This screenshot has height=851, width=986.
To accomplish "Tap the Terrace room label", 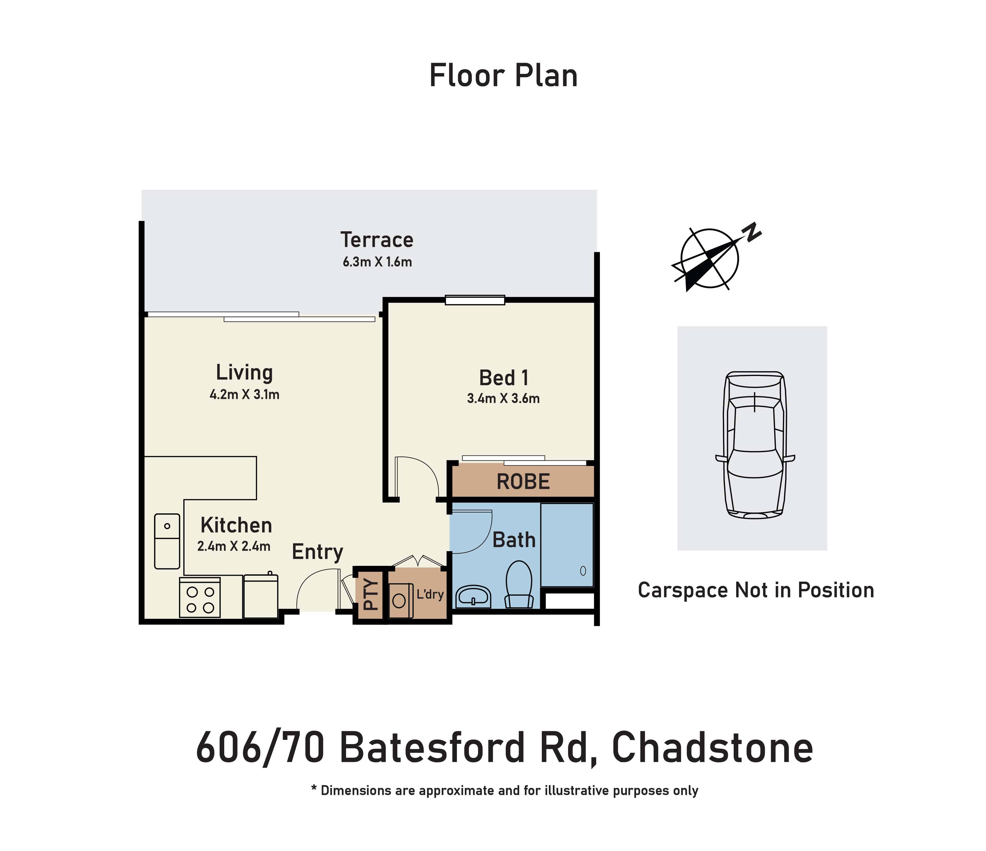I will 377,240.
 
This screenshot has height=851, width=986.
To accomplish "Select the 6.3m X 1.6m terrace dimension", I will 377,262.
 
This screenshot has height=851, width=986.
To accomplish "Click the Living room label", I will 244,372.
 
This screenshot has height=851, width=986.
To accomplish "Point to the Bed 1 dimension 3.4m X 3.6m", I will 503,398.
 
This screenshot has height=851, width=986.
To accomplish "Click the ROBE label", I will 523,482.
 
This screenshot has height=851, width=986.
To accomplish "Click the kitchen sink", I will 167,541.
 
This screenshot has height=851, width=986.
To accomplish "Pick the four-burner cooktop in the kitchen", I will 200,598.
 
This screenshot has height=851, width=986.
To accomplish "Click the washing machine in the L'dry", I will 400,601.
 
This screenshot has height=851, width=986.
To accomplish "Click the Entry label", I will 317,552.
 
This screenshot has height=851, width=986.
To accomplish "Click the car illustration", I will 755,445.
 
